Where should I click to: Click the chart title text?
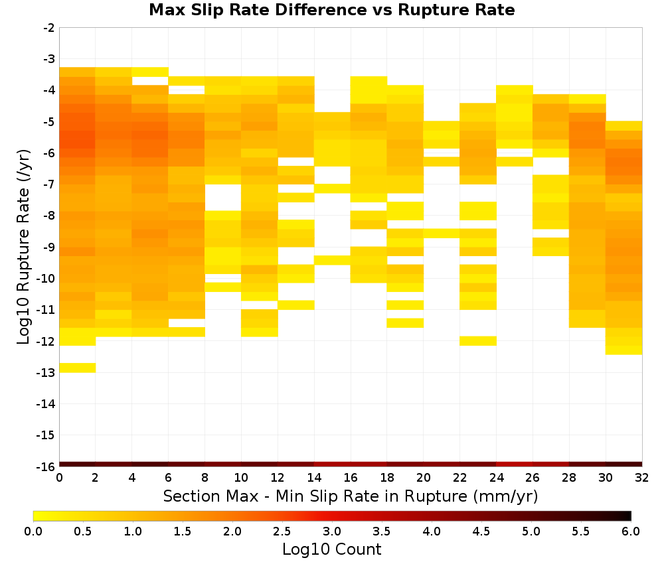(331, 10)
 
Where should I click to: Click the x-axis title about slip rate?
(350, 496)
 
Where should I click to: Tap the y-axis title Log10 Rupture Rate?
(24, 246)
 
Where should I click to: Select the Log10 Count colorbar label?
(331, 549)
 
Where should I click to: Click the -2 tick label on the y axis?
(48, 28)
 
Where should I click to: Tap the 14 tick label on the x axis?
(314, 478)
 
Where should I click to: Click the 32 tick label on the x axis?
(641, 478)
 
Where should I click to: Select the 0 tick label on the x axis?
(59, 478)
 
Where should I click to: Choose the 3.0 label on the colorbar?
(332, 531)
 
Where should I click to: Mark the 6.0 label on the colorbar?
(631, 531)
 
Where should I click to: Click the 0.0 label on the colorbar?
(33, 531)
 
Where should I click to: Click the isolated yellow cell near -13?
(78, 368)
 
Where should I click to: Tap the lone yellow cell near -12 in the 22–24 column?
(478, 341)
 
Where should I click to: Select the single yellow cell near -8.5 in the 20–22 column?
(442, 234)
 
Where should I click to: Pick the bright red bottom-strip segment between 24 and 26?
(515, 464)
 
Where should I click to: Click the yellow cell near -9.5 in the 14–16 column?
(333, 260)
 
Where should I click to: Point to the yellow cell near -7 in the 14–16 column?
(333, 188)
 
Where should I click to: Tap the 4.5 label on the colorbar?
(481, 531)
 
